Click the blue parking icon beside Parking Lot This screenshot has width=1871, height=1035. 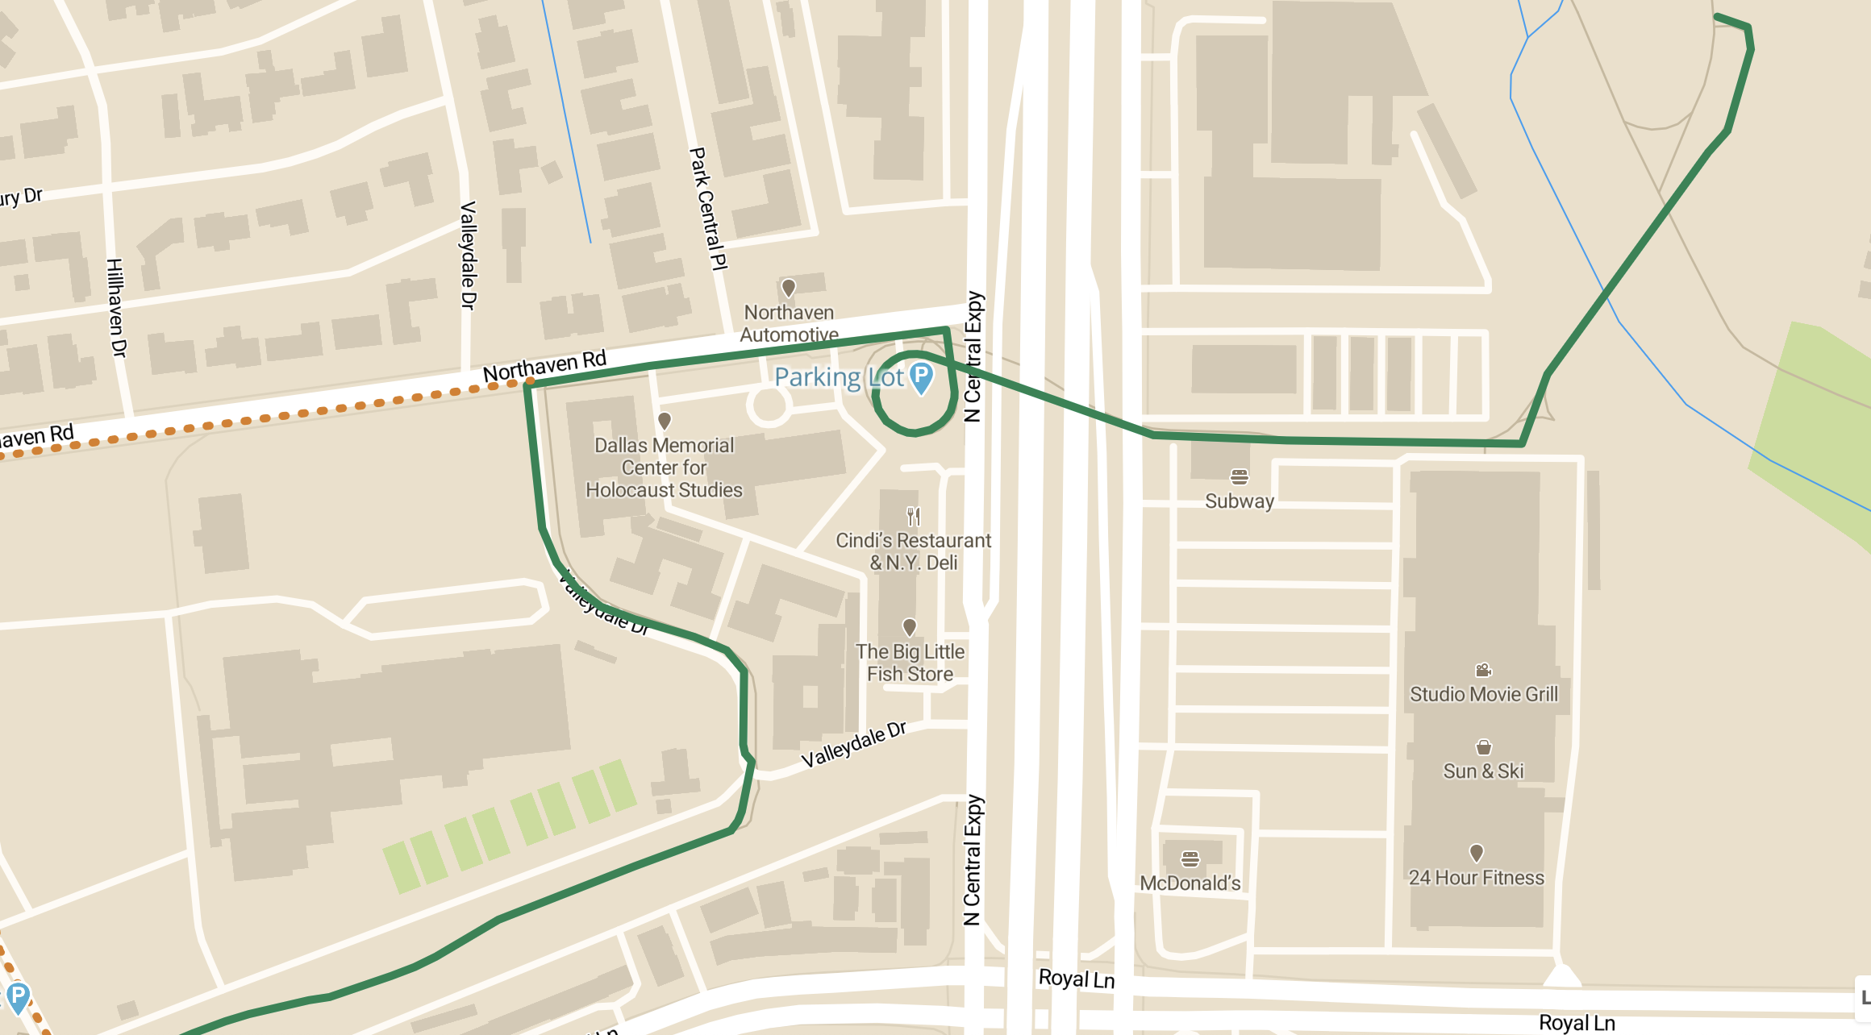921,376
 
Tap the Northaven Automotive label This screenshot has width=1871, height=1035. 789,323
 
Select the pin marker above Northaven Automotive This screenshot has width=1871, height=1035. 789,288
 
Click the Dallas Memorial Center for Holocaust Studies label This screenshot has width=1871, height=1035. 664,468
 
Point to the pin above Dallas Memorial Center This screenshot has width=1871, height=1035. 665,421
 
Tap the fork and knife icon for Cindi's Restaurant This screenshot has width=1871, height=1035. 913,516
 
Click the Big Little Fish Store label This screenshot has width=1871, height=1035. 910,663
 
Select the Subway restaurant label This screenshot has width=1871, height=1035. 1239,501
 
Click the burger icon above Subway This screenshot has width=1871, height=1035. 1240,477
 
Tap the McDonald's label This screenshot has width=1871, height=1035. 1190,883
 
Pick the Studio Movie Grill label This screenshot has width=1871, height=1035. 1483,694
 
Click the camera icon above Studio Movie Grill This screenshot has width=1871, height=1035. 1483,670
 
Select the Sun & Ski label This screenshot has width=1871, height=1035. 1483,771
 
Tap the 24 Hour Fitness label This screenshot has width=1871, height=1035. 1476,877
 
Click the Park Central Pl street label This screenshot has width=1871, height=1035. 709,208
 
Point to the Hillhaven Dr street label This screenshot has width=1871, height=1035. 116,308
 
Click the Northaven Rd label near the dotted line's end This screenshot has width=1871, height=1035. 544,366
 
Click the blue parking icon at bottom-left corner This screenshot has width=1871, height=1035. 18,996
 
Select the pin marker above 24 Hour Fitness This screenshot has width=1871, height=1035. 1476,852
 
